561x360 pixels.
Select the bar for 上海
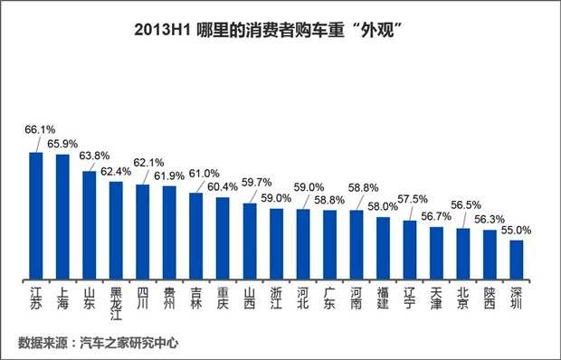62,217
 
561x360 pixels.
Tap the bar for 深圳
517,259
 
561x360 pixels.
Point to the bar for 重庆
223,237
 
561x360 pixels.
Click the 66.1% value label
37,129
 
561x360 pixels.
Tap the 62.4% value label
115,169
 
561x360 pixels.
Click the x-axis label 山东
90,298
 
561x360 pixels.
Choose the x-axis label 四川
143,298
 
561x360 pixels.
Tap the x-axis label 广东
329,298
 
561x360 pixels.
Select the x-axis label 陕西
490,298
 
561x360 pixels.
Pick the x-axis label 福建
383,298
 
